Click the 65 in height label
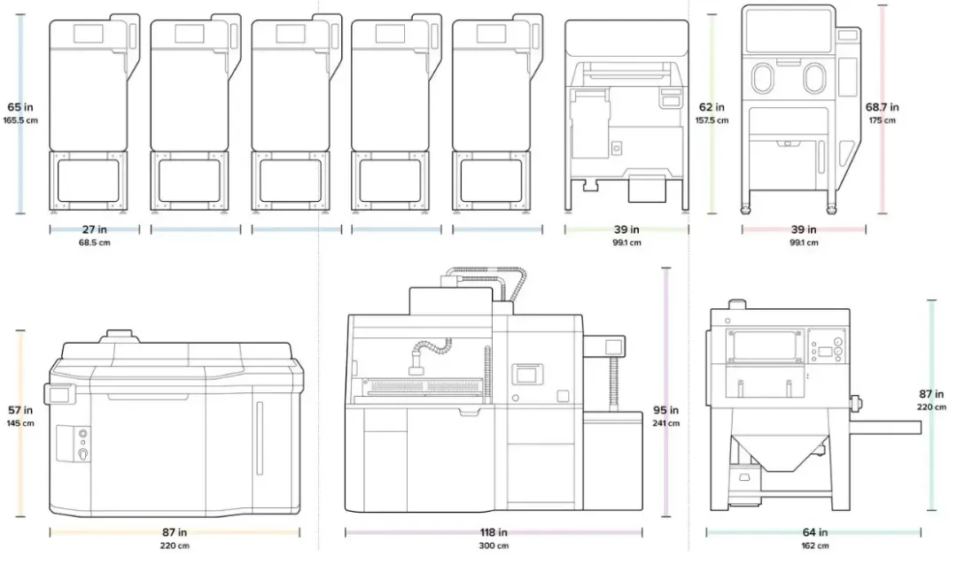[x=20, y=107]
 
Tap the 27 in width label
[x=95, y=229]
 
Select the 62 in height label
[x=712, y=107]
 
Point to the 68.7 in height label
[x=882, y=107]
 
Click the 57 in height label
[x=20, y=410]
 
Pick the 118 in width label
[x=494, y=532]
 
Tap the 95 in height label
[x=665, y=410]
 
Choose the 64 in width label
[x=815, y=532]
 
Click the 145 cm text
[x=20, y=423]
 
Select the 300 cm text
[x=494, y=546]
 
